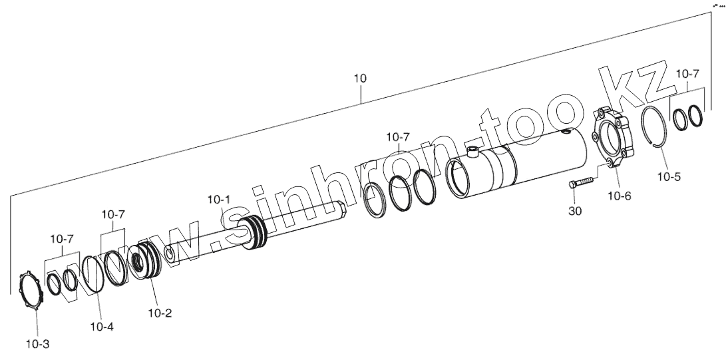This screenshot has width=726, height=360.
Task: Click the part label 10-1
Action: point(218,200)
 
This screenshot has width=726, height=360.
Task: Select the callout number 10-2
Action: point(160,313)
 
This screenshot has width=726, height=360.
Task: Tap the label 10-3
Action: point(37,344)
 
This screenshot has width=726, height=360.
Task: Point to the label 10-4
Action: point(102,327)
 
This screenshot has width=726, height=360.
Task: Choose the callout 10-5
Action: point(669,177)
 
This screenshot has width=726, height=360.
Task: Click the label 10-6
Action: point(620,196)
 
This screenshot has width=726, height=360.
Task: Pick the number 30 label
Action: point(575,211)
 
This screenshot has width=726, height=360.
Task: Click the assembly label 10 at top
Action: point(360,79)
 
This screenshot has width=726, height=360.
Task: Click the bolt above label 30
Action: point(581,182)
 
